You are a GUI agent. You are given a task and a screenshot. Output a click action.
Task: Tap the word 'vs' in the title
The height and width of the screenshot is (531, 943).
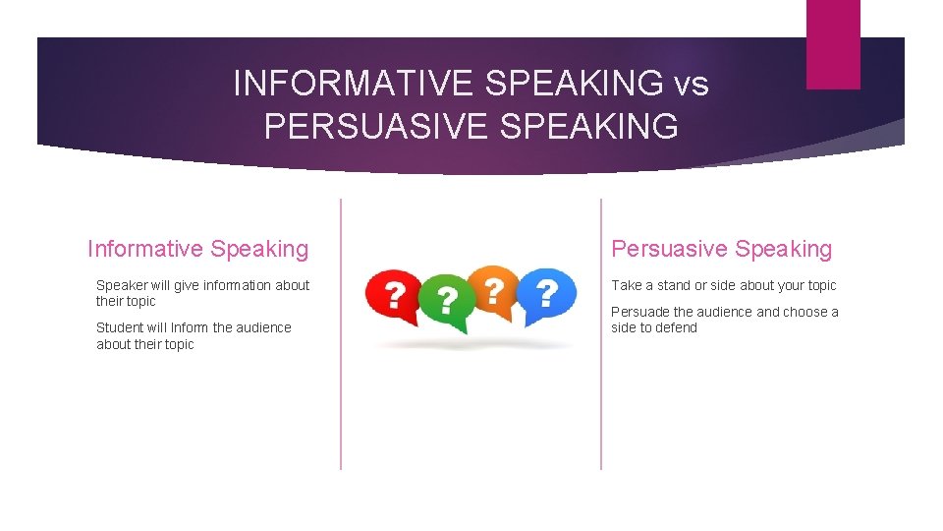pyautogui.click(x=691, y=85)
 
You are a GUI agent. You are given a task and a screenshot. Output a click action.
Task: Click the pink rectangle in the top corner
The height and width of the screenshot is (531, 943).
pyautogui.click(x=832, y=43)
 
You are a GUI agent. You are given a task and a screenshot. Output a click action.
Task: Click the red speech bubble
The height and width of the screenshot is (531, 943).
pyautogui.click(x=392, y=296)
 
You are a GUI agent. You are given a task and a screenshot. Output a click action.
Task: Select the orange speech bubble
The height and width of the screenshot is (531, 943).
pyautogui.click(x=493, y=291)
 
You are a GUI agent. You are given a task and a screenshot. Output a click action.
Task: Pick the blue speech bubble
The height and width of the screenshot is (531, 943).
pyautogui.click(x=546, y=294)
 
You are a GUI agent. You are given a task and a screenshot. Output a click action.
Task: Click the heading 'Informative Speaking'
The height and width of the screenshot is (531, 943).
pyautogui.click(x=197, y=250)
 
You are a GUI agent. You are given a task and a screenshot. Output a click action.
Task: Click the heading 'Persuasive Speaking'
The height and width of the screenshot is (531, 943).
pyautogui.click(x=721, y=250)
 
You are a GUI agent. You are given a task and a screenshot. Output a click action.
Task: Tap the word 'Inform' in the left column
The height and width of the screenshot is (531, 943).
pyautogui.click(x=191, y=327)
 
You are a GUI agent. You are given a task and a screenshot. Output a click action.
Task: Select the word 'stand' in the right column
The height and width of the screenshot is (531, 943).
pyautogui.click(x=678, y=285)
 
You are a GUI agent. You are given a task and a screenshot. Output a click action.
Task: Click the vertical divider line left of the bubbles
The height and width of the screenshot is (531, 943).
pyautogui.click(x=341, y=334)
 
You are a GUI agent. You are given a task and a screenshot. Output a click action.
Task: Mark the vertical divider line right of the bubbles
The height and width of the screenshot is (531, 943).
pyautogui.click(x=600, y=334)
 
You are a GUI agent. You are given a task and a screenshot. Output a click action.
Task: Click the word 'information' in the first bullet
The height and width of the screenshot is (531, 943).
pyautogui.click(x=239, y=285)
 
